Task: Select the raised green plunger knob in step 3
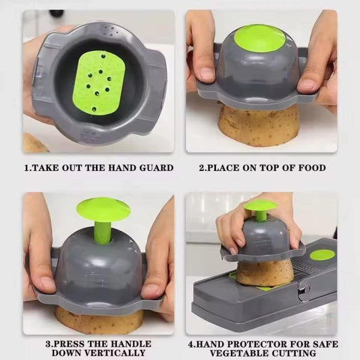pyautogui.click(x=103, y=209)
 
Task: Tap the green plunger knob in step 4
pyautogui.click(x=260, y=205)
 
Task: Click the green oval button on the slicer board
pyautogui.click(x=322, y=255)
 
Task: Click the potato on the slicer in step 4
pyautogui.click(x=264, y=272)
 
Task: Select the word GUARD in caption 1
pyautogui.click(x=153, y=168)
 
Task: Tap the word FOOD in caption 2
pyautogui.click(x=311, y=168)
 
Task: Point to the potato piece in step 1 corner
pyautogui.click(x=34, y=143)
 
